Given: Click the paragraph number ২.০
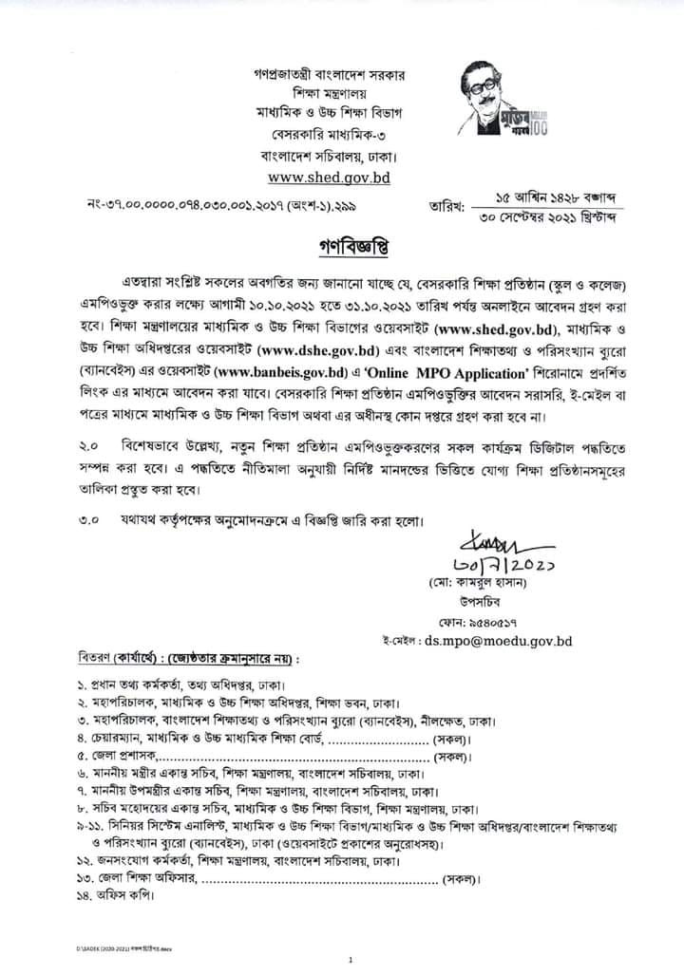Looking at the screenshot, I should pos(88,446).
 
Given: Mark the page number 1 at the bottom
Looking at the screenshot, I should pos(350,960).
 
